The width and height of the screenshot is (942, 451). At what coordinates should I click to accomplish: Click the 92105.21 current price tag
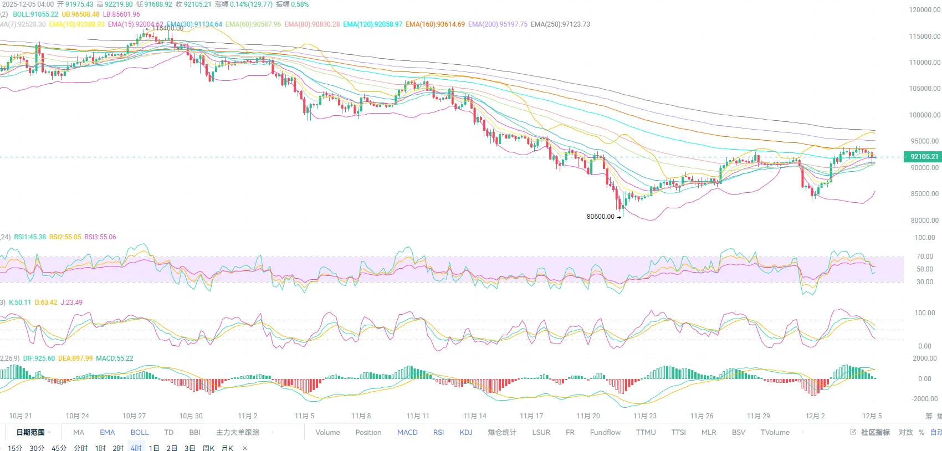click(x=924, y=157)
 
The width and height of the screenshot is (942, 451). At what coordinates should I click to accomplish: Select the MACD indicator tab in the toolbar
click(x=407, y=432)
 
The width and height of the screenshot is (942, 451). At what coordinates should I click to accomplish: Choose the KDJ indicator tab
click(x=466, y=432)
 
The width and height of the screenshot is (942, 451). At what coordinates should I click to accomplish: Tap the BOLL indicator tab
click(x=140, y=432)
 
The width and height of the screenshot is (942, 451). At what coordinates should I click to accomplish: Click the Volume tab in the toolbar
click(x=327, y=432)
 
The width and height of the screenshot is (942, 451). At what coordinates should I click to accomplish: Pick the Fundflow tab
click(x=605, y=432)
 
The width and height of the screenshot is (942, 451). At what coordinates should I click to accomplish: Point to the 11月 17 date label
click(x=531, y=416)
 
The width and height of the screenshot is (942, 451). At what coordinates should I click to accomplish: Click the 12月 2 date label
click(x=815, y=416)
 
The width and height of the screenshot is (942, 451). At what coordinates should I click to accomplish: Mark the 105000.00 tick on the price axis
click(x=924, y=89)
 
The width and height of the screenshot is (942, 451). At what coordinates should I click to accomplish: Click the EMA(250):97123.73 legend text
click(x=560, y=24)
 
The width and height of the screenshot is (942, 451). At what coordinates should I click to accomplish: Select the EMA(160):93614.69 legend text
click(x=435, y=24)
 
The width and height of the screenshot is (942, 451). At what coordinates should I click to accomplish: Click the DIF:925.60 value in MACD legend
click(x=39, y=358)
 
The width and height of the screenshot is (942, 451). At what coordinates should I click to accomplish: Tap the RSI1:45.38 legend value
click(x=30, y=237)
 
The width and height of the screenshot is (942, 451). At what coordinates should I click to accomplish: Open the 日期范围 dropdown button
click(x=33, y=432)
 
